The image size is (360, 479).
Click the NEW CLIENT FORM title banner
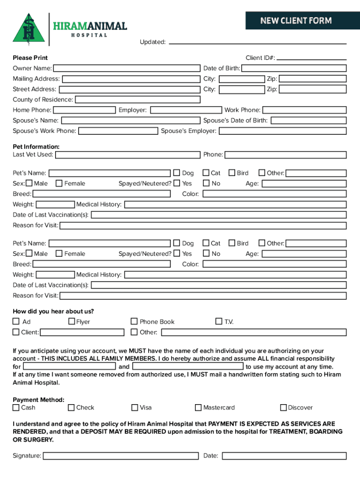pyautogui.click(x=296, y=21)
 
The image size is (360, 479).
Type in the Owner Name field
pyautogui.click(x=126, y=68)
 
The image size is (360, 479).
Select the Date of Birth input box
pyautogui.click(x=294, y=68)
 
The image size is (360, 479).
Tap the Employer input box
pyautogui.click(x=186, y=110)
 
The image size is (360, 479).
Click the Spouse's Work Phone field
pyautogui.click(x=118, y=131)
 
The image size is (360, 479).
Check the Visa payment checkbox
pyautogui.click(x=135, y=407)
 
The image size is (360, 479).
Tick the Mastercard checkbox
pyautogui.click(x=198, y=407)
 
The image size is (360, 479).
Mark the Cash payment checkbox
pyautogui.click(x=16, y=407)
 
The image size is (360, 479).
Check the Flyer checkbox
pyautogui.click(x=72, y=321)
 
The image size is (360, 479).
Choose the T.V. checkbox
pyautogui.click(x=219, y=321)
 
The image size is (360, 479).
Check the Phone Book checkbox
pyautogui.click(x=135, y=321)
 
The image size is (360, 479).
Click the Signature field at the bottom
pyautogui.click(x=121, y=456)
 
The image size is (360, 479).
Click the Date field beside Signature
pyautogui.click(x=284, y=456)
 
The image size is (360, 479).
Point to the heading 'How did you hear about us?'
pyautogui.click(x=53, y=312)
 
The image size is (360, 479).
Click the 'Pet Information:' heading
pyautogui.click(x=36, y=147)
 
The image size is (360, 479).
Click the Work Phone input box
pyautogui.click(x=304, y=110)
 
